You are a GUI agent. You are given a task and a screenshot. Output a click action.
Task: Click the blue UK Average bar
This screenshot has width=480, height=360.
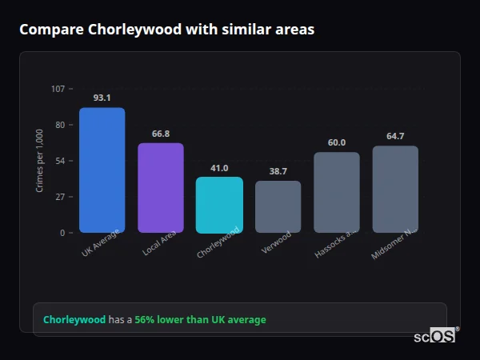102,170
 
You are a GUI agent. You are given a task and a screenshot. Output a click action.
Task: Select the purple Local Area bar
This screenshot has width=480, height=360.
161,188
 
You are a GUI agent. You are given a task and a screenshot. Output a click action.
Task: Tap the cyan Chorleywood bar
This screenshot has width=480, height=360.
219,205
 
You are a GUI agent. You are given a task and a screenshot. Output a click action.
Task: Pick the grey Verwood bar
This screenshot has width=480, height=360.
278,206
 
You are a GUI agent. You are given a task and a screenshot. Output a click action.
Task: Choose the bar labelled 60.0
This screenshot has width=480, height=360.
336,192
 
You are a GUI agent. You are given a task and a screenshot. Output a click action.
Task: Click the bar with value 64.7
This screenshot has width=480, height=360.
395,189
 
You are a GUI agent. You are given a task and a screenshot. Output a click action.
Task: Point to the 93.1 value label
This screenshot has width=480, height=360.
102,98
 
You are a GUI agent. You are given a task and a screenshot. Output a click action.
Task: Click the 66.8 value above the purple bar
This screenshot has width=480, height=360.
161,134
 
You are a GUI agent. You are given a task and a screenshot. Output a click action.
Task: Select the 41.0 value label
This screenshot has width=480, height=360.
219,168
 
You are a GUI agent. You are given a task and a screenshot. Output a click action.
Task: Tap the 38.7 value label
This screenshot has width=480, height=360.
278,171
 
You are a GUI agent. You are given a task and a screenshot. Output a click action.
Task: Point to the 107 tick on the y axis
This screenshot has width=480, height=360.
58,89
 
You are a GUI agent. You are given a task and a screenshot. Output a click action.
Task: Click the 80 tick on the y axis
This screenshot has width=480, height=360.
59,125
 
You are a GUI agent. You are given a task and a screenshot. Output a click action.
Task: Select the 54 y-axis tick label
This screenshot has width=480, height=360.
59,161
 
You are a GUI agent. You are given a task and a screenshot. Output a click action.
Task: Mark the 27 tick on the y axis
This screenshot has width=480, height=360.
59,197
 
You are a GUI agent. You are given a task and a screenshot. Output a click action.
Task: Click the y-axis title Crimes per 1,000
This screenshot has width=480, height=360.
40,161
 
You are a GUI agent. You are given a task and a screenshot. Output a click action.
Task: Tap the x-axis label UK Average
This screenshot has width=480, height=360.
101,244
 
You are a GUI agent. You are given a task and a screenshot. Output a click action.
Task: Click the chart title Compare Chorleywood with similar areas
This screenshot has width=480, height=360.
166,30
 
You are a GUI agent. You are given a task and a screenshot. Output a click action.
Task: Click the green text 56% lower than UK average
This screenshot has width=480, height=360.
200,320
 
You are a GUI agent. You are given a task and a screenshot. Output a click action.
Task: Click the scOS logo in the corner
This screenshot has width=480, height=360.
436,336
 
